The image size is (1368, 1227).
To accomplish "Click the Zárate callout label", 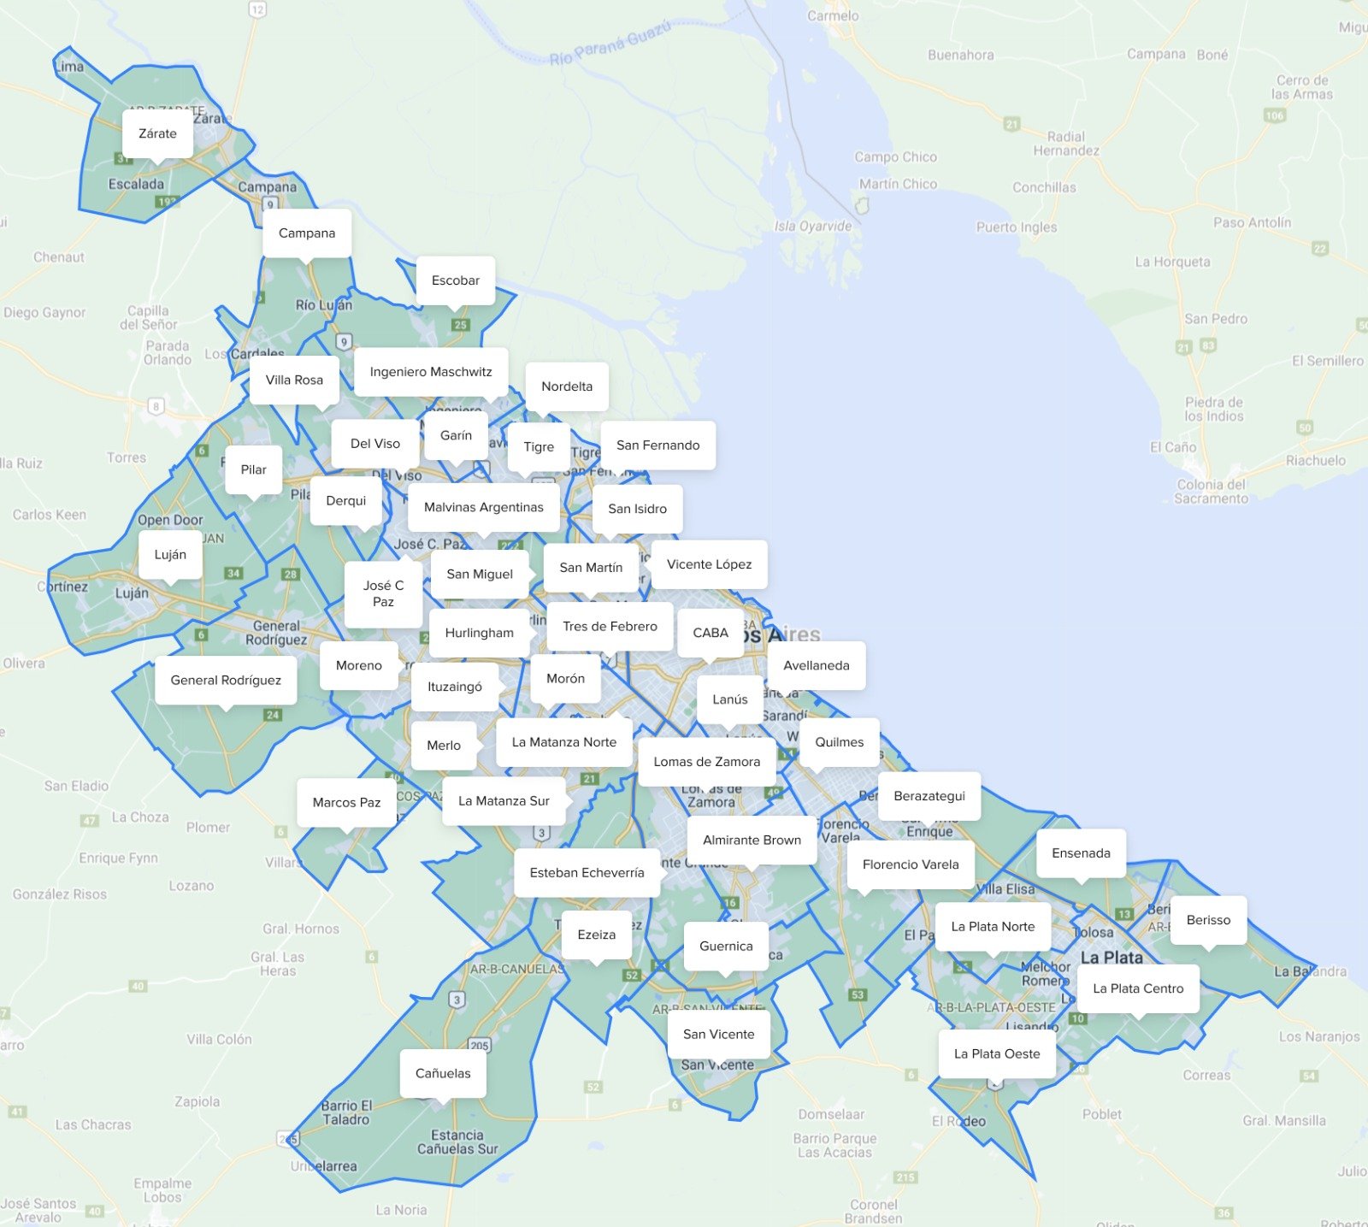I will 157,133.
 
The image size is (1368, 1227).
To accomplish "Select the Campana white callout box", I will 307,233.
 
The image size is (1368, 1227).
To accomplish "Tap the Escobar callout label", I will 456,280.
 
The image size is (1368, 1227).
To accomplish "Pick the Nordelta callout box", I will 567,386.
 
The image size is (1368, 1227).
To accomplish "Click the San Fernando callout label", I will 657,445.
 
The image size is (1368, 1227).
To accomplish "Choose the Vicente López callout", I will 709,564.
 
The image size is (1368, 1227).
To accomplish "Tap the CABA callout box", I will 711,633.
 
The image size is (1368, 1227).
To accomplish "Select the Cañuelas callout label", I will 443,1073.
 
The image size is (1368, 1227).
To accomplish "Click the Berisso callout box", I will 1208,920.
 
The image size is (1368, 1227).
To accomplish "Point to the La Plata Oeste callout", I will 997,1053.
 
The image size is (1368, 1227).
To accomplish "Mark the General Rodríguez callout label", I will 226,680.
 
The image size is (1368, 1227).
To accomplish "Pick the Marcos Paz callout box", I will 346,802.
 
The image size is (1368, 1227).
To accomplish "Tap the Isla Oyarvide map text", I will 813,227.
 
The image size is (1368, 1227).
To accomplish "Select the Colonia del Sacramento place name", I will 1212,491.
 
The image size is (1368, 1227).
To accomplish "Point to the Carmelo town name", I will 833,15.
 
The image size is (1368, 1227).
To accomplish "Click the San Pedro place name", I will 1216,319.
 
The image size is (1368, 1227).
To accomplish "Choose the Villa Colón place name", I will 220,1039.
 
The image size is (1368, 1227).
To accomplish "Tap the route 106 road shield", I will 1275,115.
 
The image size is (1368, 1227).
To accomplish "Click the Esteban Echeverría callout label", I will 587,872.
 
